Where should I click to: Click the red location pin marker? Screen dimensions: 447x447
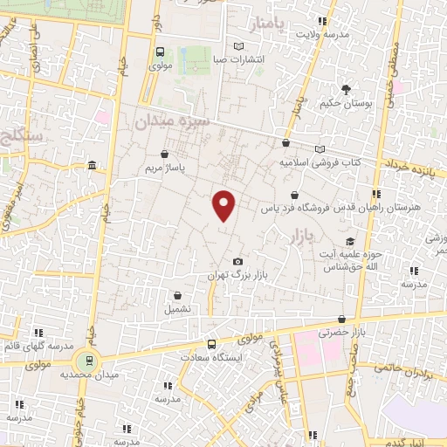click(x=224, y=205)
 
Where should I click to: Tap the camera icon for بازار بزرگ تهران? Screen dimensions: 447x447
click(x=237, y=261)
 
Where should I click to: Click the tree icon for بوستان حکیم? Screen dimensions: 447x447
click(x=346, y=89)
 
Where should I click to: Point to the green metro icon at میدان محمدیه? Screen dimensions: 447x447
click(x=86, y=360)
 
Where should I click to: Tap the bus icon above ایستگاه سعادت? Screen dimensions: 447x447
click(x=211, y=344)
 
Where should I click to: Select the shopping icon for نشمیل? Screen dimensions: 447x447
click(x=177, y=295)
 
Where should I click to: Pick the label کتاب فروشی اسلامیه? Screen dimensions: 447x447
click(x=320, y=162)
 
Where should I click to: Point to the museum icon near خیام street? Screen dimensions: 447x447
click(x=93, y=166)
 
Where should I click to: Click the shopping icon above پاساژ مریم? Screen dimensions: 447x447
click(x=164, y=154)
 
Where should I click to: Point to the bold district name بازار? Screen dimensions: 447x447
click(x=299, y=236)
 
